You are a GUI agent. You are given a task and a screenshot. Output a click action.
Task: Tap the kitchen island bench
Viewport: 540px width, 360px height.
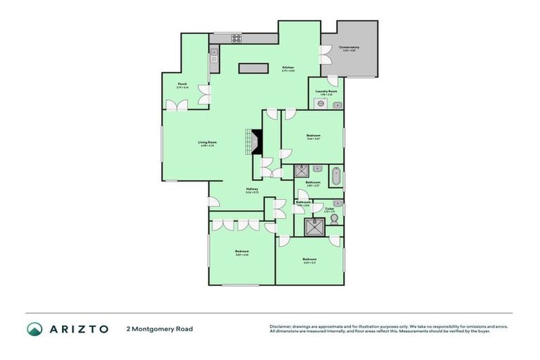tap(253, 68)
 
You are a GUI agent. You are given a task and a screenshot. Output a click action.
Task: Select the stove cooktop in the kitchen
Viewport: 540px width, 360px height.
tap(237, 39)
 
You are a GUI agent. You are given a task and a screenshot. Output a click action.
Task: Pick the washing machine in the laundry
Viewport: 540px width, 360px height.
tap(321, 104)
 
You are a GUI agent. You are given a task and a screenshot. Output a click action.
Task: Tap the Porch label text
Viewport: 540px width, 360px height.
tap(182, 84)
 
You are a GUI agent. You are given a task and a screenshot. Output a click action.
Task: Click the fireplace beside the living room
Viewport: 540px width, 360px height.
tap(256, 142)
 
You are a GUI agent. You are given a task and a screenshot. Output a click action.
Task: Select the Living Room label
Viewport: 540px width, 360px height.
tap(207, 143)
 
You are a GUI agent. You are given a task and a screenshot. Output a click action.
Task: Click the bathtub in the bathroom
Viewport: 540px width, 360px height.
tap(336, 176)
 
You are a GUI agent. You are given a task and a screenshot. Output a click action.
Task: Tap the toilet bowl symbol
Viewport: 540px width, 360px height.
tap(334, 219)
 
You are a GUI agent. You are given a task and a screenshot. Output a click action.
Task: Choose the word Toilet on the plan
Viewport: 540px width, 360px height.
tap(328, 208)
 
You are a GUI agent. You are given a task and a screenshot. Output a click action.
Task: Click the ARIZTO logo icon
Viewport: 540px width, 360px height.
tap(34, 329)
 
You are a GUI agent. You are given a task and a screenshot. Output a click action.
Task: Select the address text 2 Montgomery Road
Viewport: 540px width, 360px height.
tap(160, 329)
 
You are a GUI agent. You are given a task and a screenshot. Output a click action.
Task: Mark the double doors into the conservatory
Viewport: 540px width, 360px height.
tap(325, 55)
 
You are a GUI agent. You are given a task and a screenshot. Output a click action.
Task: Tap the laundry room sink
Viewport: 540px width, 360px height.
tap(337, 105)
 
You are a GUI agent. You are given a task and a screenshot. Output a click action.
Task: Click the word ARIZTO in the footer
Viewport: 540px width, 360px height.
tap(78, 329)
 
